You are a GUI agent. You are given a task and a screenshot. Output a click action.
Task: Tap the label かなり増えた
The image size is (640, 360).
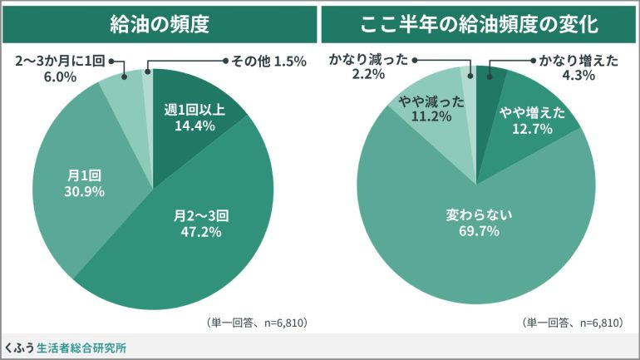(x=573, y=61)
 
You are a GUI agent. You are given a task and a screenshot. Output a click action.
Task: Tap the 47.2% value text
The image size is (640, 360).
(x=201, y=232)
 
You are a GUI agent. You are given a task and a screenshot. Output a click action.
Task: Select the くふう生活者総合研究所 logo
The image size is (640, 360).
(x=66, y=347)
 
